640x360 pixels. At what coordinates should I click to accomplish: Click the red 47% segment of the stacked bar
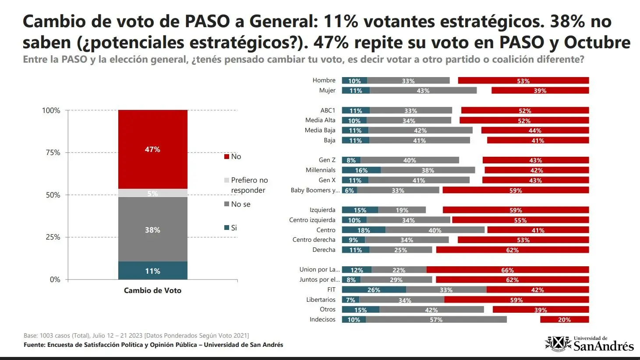pyautogui.click(x=152, y=149)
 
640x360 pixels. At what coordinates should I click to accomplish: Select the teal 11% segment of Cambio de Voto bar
pyautogui.click(x=152, y=271)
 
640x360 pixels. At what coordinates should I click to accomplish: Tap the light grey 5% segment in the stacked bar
pyautogui.click(x=152, y=193)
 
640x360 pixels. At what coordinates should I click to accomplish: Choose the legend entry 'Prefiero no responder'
pyautogui.click(x=249, y=185)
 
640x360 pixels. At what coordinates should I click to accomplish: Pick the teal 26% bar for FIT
pyautogui.click(x=374, y=289)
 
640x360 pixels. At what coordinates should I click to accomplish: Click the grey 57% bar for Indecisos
pyautogui.click(x=436, y=320)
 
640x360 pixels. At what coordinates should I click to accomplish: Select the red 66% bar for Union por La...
pyautogui.click(x=507, y=270)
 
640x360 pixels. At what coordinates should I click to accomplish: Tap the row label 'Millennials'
pyautogui.click(x=320, y=170)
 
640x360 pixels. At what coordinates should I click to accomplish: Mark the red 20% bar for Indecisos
pyautogui.click(x=564, y=320)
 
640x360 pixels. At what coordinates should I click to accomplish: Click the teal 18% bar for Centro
pyautogui.click(x=364, y=230)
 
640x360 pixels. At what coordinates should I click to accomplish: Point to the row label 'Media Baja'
pyautogui.click(x=320, y=130)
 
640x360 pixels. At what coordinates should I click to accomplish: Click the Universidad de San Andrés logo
pyautogui.click(x=589, y=344)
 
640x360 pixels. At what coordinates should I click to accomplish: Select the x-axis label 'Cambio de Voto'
pyautogui.click(x=152, y=290)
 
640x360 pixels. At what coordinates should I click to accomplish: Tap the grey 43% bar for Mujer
pyautogui.click(x=423, y=91)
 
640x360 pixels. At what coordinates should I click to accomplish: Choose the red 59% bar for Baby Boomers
pyautogui.click(x=516, y=190)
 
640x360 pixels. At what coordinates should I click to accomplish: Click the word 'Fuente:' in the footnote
pyautogui.click(x=34, y=345)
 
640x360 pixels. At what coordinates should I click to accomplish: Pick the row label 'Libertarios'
pyautogui.click(x=321, y=300)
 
